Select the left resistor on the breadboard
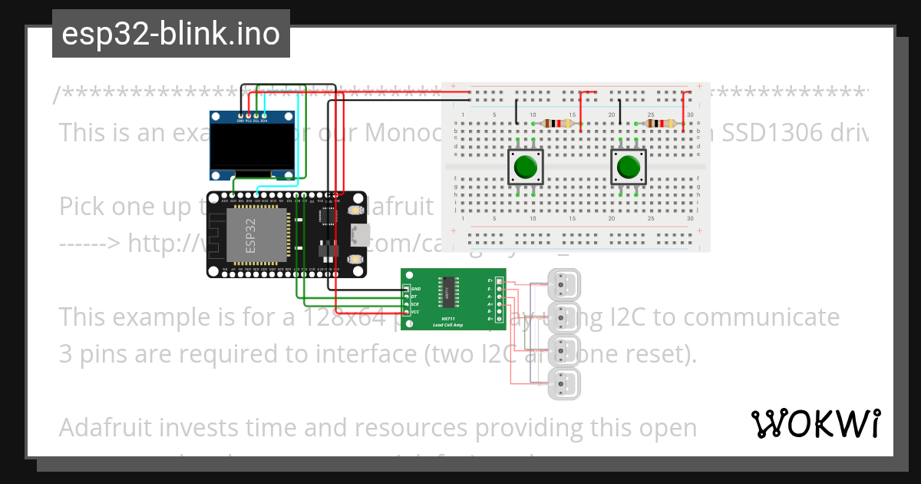click(557, 124)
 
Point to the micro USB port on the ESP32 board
click(360, 234)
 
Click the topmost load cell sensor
click(565, 284)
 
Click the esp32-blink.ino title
click(170, 35)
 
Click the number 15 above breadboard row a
click(572, 115)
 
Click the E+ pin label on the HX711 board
click(490, 281)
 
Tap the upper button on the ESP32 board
click(356, 210)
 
